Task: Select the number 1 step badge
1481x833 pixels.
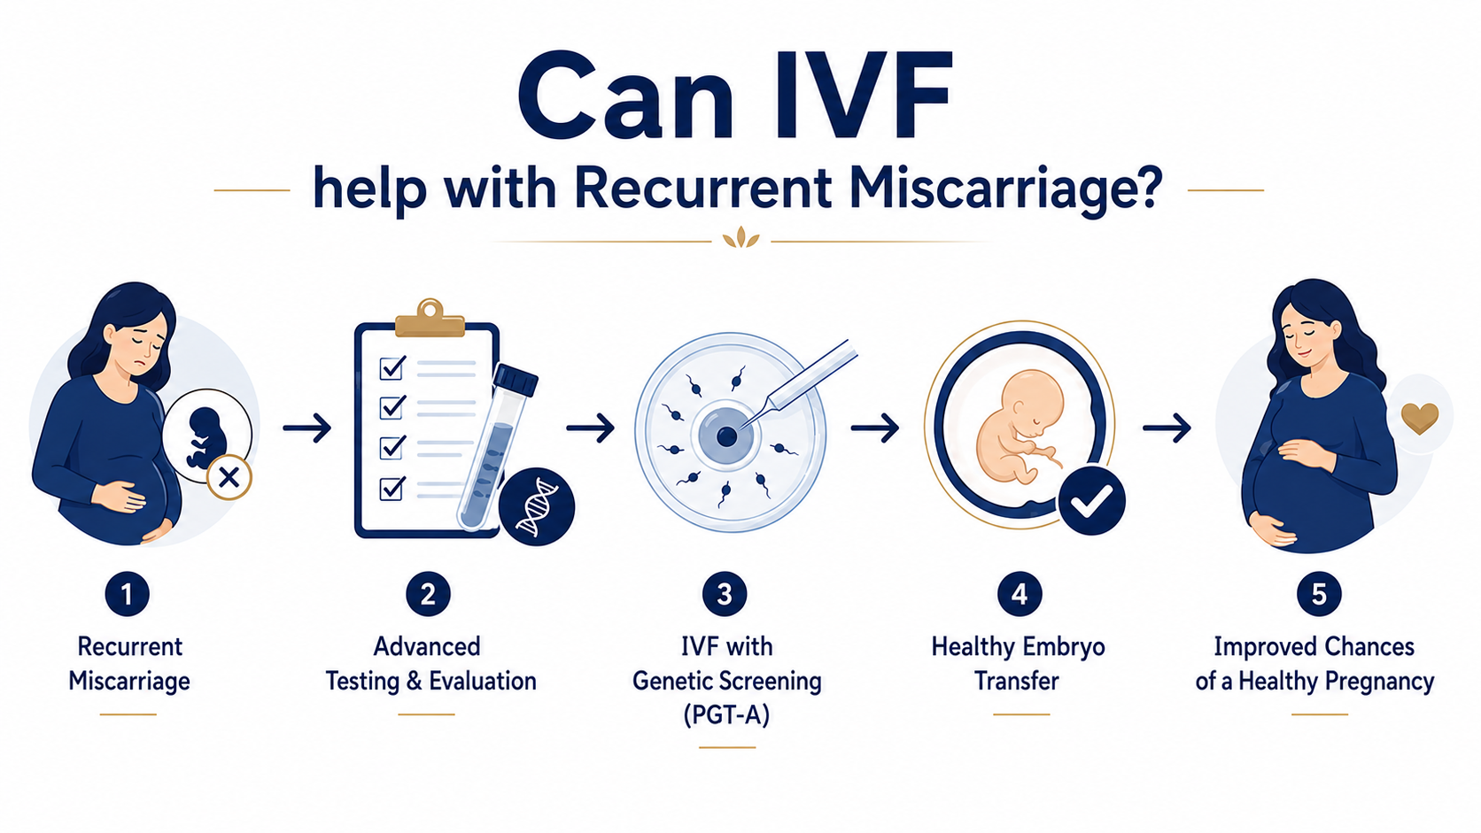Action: (x=127, y=594)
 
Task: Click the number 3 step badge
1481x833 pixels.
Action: (x=725, y=594)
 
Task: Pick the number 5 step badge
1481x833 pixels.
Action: (x=1319, y=594)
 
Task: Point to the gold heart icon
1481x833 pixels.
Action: (x=1420, y=418)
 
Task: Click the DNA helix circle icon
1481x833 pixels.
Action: (x=536, y=506)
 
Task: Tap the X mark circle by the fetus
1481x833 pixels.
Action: (x=229, y=477)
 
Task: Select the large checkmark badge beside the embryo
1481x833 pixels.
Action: (x=1091, y=500)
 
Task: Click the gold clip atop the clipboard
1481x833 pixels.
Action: (x=430, y=318)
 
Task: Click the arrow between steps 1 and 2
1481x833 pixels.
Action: (x=307, y=428)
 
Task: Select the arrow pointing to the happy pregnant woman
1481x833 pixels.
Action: (x=1167, y=428)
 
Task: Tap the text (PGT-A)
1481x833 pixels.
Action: (x=726, y=714)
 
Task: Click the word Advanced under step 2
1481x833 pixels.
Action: (x=427, y=646)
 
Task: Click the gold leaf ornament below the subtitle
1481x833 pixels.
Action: (x=740, y=238)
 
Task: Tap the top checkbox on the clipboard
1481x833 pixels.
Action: (x=392, y=367)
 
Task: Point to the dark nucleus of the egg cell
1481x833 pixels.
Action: (x=726, y=436)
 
